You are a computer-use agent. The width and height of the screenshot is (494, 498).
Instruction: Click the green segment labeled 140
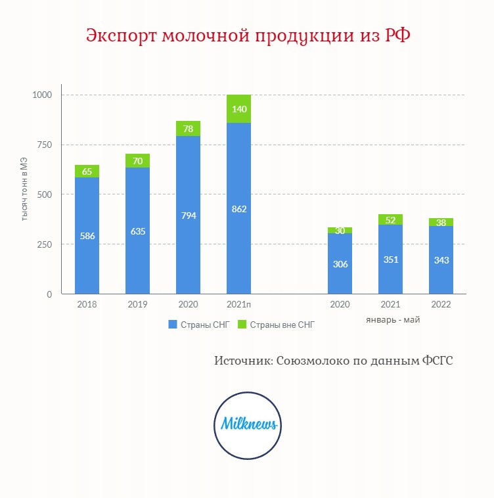click(238, 108)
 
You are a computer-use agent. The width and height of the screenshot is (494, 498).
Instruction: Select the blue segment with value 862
click(238, 208)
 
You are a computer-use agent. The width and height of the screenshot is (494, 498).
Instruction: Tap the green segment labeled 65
click(87, 171)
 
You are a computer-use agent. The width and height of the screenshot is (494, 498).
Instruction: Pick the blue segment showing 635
click(137, 231)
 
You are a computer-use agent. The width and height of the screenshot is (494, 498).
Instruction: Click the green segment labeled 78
click(189, 128)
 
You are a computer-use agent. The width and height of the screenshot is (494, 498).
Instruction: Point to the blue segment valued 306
click(340, 263)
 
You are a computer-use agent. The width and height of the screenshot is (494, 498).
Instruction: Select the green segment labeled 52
click(390, 219)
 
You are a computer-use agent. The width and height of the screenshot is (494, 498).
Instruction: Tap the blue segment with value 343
click(441, 260)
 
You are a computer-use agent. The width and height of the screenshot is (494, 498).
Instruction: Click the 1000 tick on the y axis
click(42, 95)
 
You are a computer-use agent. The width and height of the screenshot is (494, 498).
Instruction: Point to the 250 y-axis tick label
click(45, 244)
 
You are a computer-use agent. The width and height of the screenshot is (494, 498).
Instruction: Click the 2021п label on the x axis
click(238, 304)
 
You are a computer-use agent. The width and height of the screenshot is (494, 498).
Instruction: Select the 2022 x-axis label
click(441, 304)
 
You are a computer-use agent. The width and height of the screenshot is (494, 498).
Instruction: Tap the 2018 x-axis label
click(87, 304)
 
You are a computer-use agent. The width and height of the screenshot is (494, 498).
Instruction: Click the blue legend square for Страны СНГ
click(172, 325)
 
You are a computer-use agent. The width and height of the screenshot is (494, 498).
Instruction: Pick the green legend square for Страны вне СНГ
click(242, 325)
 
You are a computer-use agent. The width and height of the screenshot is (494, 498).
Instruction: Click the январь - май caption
click(393, 319)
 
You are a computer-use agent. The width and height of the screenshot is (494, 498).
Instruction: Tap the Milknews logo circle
click(248, 425)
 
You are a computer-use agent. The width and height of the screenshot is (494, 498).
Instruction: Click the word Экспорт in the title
click(122, 35)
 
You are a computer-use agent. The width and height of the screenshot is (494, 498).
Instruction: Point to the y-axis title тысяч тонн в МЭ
click(24, 189)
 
